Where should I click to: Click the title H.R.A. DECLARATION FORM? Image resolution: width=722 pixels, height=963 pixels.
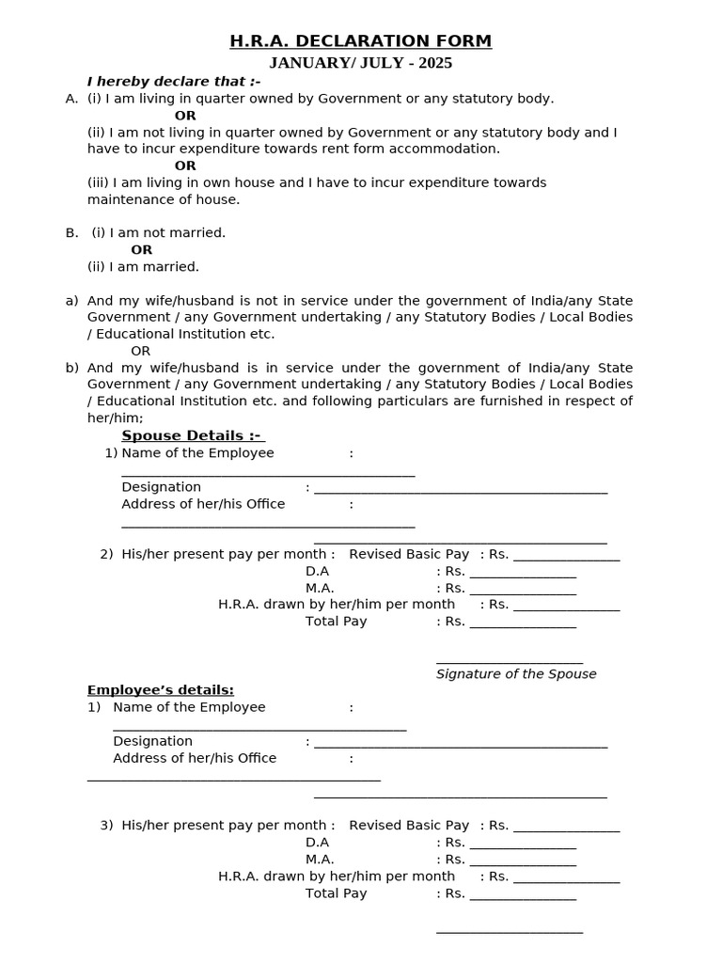361,41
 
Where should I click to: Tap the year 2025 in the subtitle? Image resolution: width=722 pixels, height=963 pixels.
433,64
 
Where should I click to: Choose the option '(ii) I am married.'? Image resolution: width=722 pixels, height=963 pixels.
143,266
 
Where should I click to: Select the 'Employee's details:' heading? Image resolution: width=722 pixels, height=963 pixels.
161,689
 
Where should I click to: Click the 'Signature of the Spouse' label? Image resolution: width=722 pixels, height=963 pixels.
516,673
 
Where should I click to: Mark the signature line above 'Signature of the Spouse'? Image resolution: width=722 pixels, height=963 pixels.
510,662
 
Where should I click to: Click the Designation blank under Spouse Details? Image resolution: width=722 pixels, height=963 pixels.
461,490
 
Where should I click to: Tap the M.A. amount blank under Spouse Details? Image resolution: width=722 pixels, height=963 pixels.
523,592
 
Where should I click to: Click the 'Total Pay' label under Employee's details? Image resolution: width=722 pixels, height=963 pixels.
336,893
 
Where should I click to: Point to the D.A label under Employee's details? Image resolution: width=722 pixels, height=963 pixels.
317,843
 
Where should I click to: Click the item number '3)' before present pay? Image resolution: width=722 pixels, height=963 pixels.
106,826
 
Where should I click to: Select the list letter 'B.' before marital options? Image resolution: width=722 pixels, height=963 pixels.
71,232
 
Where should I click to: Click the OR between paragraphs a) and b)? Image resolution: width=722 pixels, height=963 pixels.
140,351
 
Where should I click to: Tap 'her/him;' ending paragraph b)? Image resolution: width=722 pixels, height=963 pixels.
115,418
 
